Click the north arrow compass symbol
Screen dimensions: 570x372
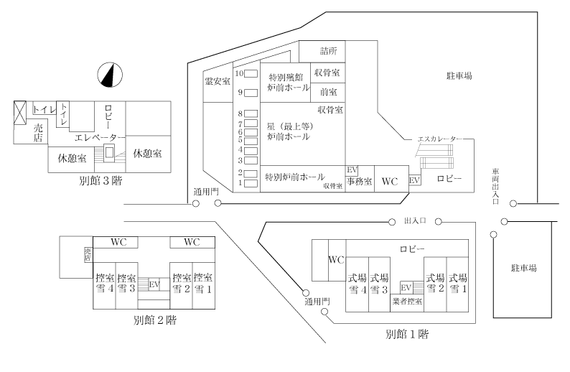pyautogui.click(x=110, y=75)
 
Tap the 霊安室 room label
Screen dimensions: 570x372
pyautogui.click(x=218, y=81)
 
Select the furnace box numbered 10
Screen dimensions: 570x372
pyautogui.click(x=251, y=74)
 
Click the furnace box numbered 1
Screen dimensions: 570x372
pyautogui.click(x=251, y=183)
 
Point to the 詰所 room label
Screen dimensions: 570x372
pyautogui.click(x=328, y=50)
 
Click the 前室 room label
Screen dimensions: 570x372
pyautogui.click(x=328, y=92)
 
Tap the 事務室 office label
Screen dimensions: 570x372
pyautogui.click(x=359, y=181)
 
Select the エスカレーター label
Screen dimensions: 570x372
pyautogui.click(x=440, y=139)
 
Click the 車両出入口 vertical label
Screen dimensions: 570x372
pyautogui.click(x=495, y=186)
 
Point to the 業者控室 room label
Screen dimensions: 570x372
pyautogui.click(x=407, y=301)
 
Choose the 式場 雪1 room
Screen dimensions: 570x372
pyautogui.click(x=457, y=284)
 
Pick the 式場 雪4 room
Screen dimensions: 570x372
pyautogui.click(x=358, y=284)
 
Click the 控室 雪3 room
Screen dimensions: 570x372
pyautogui.click(x=126, y=285)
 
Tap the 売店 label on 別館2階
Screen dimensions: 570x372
pyautogui.click(x=88, y=254)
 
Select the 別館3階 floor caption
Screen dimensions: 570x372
pyautogui.click(x=101, y=181)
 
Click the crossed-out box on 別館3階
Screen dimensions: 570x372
pyautogui.click(x=20, y=113)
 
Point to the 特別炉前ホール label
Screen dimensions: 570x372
pyautogui.click(x=295, y=177)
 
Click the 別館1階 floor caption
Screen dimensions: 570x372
pyautogui.click(x=407, y=334)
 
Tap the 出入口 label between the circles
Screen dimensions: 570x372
pyautogui.click(x=415, y=220)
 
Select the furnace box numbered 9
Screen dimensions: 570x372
pyautogui.click(x=251, y=93)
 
